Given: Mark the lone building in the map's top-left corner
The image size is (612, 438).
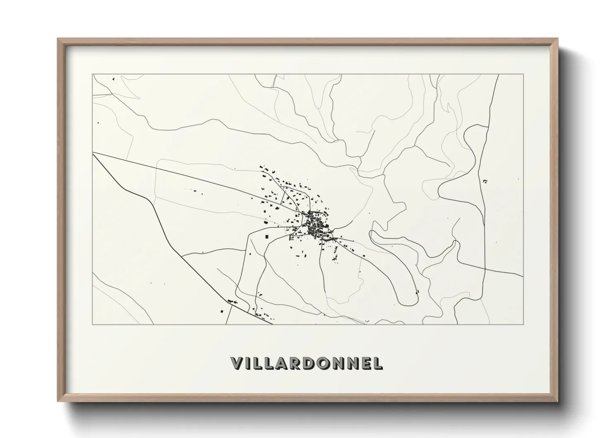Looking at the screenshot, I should [x=113, y=78].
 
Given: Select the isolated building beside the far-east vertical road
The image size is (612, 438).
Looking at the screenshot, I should [x=485, y=181].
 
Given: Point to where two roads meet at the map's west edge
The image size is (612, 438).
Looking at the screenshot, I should [x=93, y=153].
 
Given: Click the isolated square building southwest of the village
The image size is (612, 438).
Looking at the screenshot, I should [x=267, y=236].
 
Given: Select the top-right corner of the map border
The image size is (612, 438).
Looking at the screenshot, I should [x=524, y=75].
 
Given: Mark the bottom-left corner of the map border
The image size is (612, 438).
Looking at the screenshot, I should [x=93, y=324].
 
